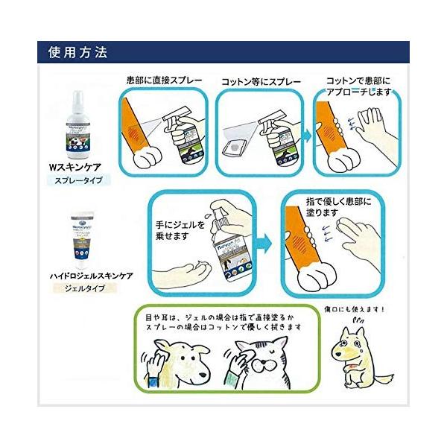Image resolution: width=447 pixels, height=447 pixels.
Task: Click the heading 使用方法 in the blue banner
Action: click(x=77, y=54)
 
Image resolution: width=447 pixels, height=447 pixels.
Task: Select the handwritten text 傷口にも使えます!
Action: click(x=361, y=311)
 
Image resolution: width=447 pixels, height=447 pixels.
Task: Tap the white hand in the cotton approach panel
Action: click(x=367, y=127)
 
